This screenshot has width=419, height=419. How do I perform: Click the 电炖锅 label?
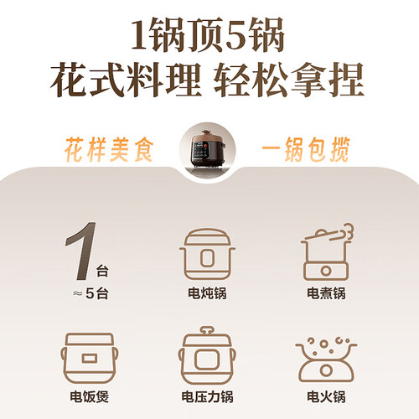click(207, 293)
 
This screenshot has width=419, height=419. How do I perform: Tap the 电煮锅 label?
click(326, 293)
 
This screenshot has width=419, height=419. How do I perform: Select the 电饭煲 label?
click(89, 396)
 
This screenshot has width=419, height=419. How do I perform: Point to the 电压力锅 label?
click(207, 396)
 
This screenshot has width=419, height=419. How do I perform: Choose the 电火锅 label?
click(326, 396)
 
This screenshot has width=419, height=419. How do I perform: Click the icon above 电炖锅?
click(207, 254)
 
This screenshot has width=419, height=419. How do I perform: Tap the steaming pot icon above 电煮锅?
click(326, 252)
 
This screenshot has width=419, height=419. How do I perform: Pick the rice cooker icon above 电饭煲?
click(89, 358)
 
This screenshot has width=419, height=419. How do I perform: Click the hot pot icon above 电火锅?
click(326, 360)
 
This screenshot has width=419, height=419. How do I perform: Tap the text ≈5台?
click(91, 293)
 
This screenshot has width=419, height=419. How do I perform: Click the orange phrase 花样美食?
click(109, 149)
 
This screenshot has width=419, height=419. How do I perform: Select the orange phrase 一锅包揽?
click(306, 149)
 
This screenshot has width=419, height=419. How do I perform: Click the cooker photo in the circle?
click(207, 150)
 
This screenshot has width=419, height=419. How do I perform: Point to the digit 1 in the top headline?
click(140, 35)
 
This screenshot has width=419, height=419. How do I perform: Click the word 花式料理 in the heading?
click(126, 80)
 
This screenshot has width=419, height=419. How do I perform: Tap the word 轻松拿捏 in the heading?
click(289, 80)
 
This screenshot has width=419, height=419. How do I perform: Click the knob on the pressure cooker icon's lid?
click(207, 331)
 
